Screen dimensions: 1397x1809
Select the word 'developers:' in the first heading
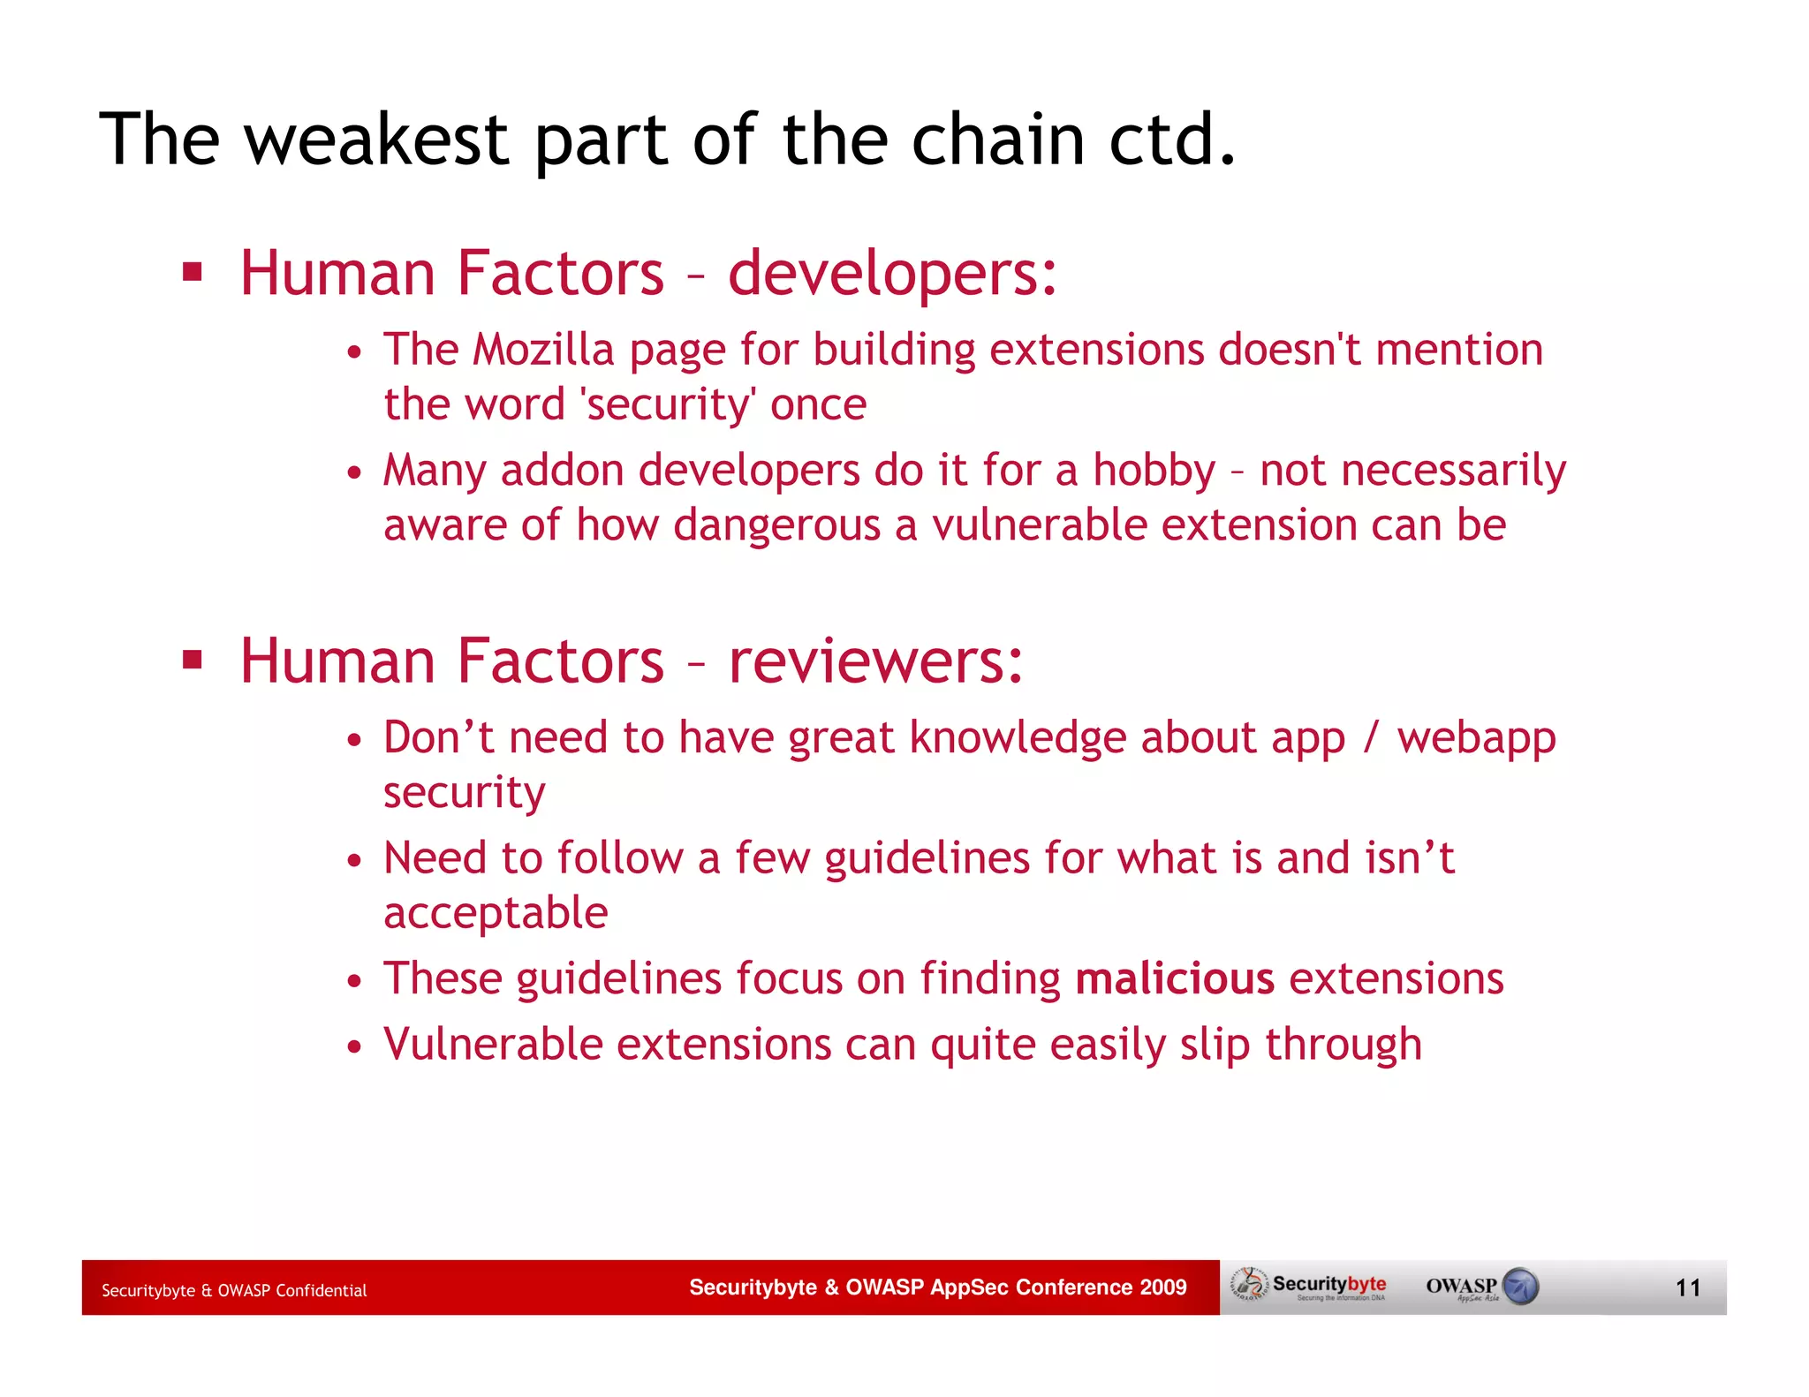[x=892, y=273]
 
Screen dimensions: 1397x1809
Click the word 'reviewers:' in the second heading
[x=875, y=661]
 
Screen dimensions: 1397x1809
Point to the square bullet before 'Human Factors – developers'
[x=193, y=271]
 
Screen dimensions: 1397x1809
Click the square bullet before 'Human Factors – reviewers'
[x=193, y=659]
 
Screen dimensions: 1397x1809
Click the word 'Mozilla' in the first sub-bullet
[x=543, y=350]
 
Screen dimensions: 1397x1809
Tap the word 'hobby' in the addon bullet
[x=1154, y=470]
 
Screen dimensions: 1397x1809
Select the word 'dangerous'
[x=777, y=525]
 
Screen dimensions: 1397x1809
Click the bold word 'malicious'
[x=1175, y=978]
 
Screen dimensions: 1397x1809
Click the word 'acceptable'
[x=496, y=913]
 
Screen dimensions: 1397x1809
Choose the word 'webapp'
[x=1476, y=739]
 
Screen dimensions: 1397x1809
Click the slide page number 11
[x=1688, y=1288]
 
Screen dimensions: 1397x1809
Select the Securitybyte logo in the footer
[x=1310, y=1286]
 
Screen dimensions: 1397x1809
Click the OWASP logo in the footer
[x=1481, y=1287]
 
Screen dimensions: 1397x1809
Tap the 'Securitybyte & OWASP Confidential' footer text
[x=234, y=1290]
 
